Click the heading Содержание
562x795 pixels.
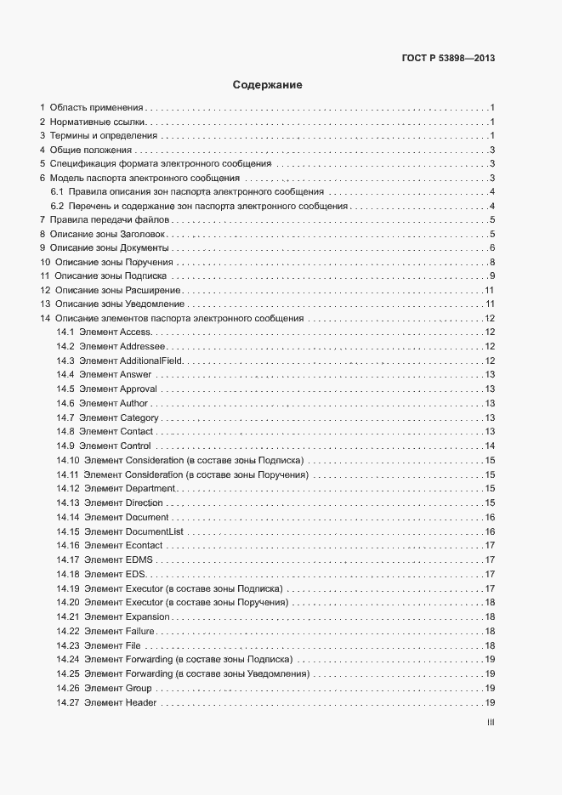coord(268,85)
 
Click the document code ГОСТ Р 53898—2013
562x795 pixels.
coord(448,59)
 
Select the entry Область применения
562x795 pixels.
coord(96,108)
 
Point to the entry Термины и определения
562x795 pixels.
coord(103,136)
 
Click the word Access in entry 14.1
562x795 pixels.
coord(136,332)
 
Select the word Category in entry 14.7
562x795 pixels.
coord(139,417)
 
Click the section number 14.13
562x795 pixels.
coord(68,503)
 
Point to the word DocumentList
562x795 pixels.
coord(155,531)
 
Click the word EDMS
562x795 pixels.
coord(139,559)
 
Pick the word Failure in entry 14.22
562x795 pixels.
coord(139,631)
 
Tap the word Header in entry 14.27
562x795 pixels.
coord(140,702)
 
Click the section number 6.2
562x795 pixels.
coord(58,207)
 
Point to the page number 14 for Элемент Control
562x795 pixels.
coord(490,446)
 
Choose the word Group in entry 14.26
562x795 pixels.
coord(139,688)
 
